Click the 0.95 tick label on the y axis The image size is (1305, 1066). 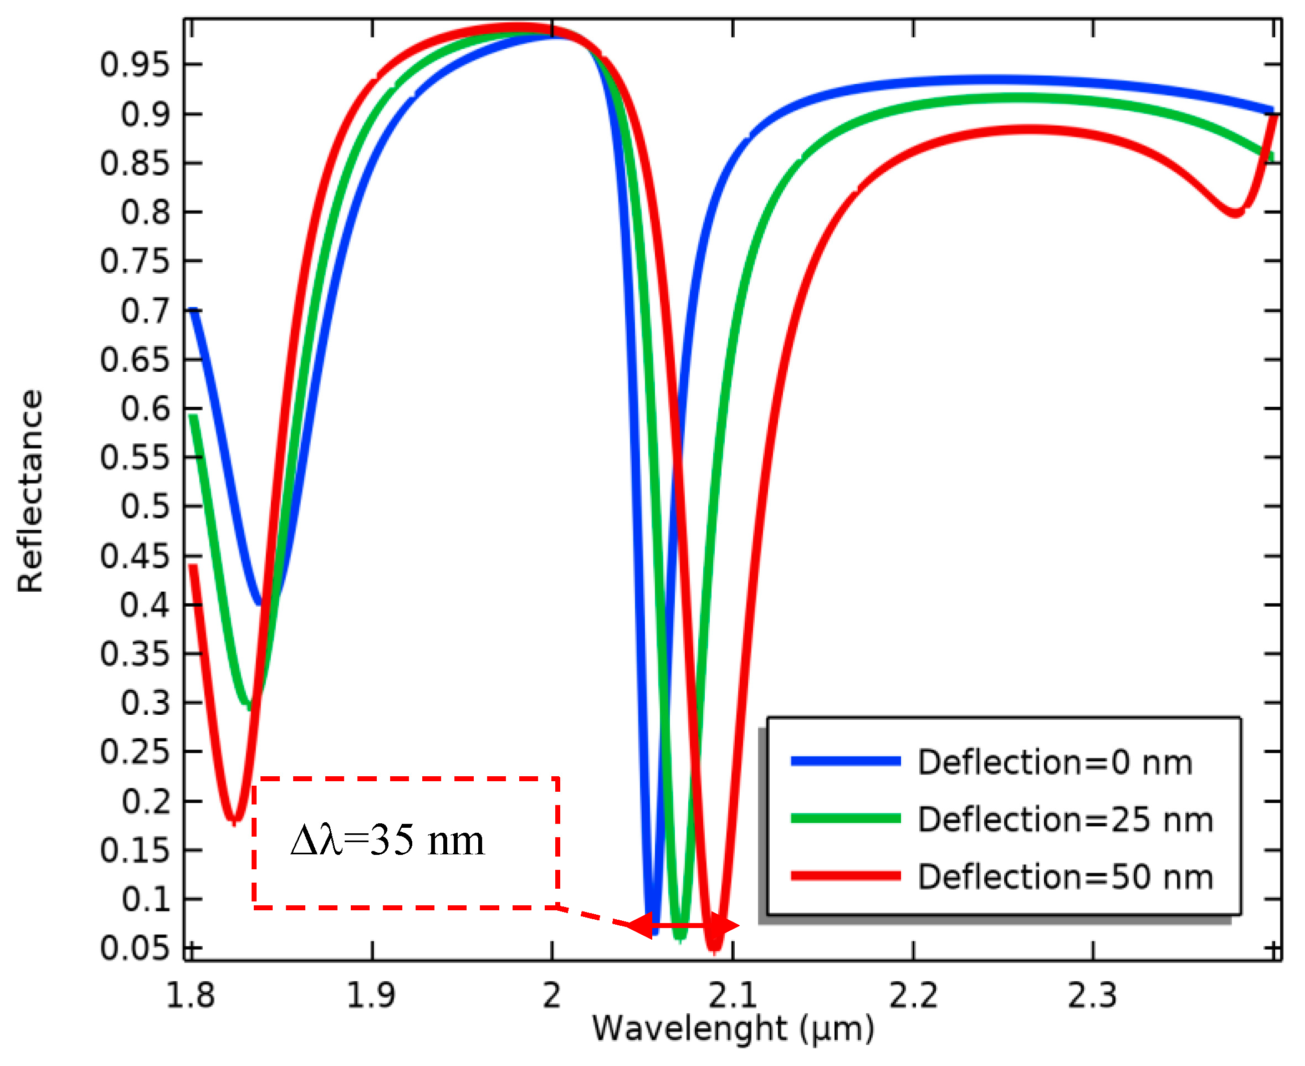pyautogui.click(x=134, y=64)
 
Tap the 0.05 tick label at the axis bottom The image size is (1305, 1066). pyautogui.click(x=134, y=948)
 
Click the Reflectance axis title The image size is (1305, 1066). pyautogui.click(x=30, y=491)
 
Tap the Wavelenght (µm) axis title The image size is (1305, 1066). pyautogui.click(x=733, y=1028)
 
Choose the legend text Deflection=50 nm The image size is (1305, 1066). pyautogui.click(x=1066, y=877)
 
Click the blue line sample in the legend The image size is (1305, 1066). pyautogui.click(x=845, y=761)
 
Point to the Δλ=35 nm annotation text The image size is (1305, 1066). pyautogui.click(x=387, y=840)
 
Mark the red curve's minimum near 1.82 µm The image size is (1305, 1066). pyautogui.click(x=234, y=820)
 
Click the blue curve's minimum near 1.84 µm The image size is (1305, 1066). pyautogui.click(x=260, y=603)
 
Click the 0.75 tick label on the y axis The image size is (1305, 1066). pyautogui.click(x=134, y=261)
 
